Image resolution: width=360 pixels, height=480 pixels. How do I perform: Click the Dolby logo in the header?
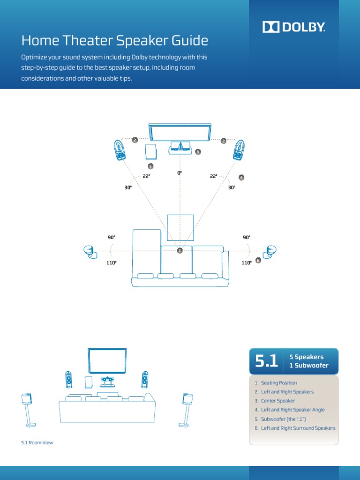(293, 27)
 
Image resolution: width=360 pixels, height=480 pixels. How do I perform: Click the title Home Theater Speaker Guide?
(115, 41)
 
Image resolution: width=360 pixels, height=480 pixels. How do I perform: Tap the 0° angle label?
(179, 173)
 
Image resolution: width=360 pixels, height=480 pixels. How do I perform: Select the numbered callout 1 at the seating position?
(179, 251)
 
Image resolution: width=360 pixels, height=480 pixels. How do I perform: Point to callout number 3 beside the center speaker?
(198, 152)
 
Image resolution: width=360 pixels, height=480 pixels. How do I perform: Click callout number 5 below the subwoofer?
(150, 166)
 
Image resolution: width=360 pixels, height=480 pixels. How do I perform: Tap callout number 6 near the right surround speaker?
(258, 260)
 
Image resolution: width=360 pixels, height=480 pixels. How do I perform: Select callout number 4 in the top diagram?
(241, 178)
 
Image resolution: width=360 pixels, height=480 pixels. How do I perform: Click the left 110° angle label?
(111, 263)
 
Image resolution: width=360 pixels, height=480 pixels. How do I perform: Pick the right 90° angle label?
(247, 238)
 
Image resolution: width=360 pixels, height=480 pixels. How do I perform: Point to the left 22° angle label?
(146, 176)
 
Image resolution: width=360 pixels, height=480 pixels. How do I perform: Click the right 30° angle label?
(231, 187)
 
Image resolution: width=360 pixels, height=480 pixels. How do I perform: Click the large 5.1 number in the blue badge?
(267, 361)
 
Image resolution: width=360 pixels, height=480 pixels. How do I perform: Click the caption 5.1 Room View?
(37, 442)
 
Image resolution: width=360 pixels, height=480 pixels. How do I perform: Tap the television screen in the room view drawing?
(107, 360)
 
